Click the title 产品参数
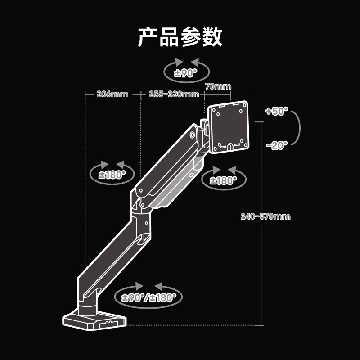point(180,37)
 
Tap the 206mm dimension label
point(112,94)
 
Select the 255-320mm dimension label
point(174,94)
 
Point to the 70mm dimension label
point(218,86)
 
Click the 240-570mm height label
point(265,216)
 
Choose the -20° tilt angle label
point(276,145)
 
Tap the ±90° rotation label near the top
point(186,73)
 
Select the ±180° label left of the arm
point(112,175)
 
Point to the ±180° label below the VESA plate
point(224,181)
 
